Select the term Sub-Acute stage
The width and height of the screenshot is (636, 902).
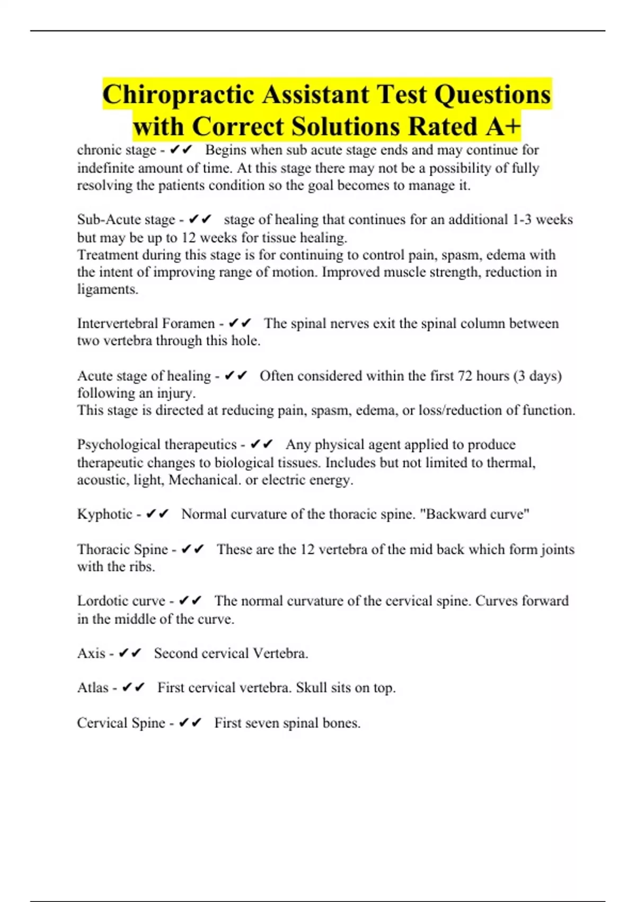126,220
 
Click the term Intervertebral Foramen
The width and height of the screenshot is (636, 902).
146,324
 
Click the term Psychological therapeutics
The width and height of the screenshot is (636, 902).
156,445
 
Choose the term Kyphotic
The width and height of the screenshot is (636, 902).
104,514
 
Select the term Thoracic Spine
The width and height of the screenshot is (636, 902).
122,549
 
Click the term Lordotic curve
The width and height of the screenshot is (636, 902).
121,601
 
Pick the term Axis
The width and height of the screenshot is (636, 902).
91,653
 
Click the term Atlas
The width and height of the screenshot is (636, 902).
93,688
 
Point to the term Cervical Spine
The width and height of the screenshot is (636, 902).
121,723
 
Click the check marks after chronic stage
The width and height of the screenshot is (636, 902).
181,151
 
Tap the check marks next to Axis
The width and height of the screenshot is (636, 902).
130,653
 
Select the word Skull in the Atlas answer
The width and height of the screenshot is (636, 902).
312,688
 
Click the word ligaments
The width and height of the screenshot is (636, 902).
108,290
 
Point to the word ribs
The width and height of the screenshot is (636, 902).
142,567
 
